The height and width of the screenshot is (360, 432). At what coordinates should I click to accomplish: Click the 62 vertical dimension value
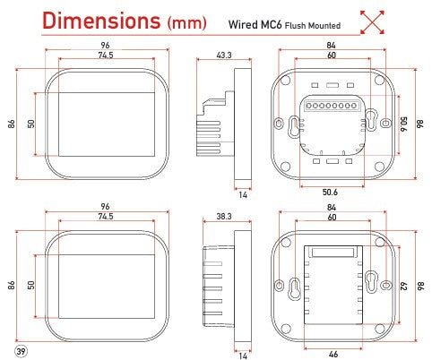click(x=403, y=286)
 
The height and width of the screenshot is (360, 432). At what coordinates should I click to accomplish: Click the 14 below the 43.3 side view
click(x=242, y=193)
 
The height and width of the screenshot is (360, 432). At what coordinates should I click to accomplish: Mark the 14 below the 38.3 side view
click(x=242, y=355)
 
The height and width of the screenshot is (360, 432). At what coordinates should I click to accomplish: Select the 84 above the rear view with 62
click(x=333, y=207)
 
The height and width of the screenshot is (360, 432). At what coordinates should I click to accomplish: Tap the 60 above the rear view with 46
click(x=333, y=218)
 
